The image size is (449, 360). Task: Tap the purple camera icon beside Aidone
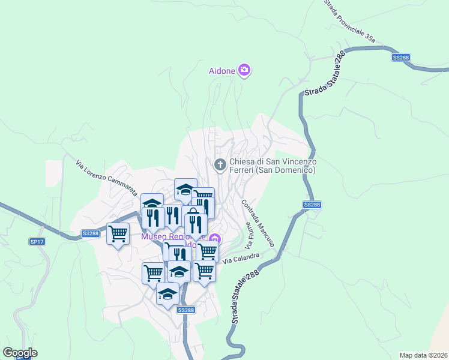(x=244, y=71)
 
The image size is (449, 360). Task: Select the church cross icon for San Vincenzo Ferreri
(x=220, y=164)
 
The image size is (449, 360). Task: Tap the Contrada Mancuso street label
(x=258, y=223)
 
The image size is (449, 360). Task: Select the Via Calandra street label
(x=241, y=259)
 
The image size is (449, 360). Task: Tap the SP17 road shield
(x=37, y=242)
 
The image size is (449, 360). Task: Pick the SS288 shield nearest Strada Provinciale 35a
(x=400, y=57)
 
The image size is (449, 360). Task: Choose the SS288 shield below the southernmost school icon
(x=185, y=310)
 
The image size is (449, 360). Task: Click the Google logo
(x=20, y=352)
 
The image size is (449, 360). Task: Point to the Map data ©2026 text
(x=423, y=355)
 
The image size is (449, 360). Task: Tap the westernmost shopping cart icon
(x=118, y=233)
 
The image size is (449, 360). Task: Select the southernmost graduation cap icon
(x=167, y=294)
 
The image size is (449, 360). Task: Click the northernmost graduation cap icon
(x=185, y=190)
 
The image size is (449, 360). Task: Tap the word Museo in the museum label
(x=153, y=236)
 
